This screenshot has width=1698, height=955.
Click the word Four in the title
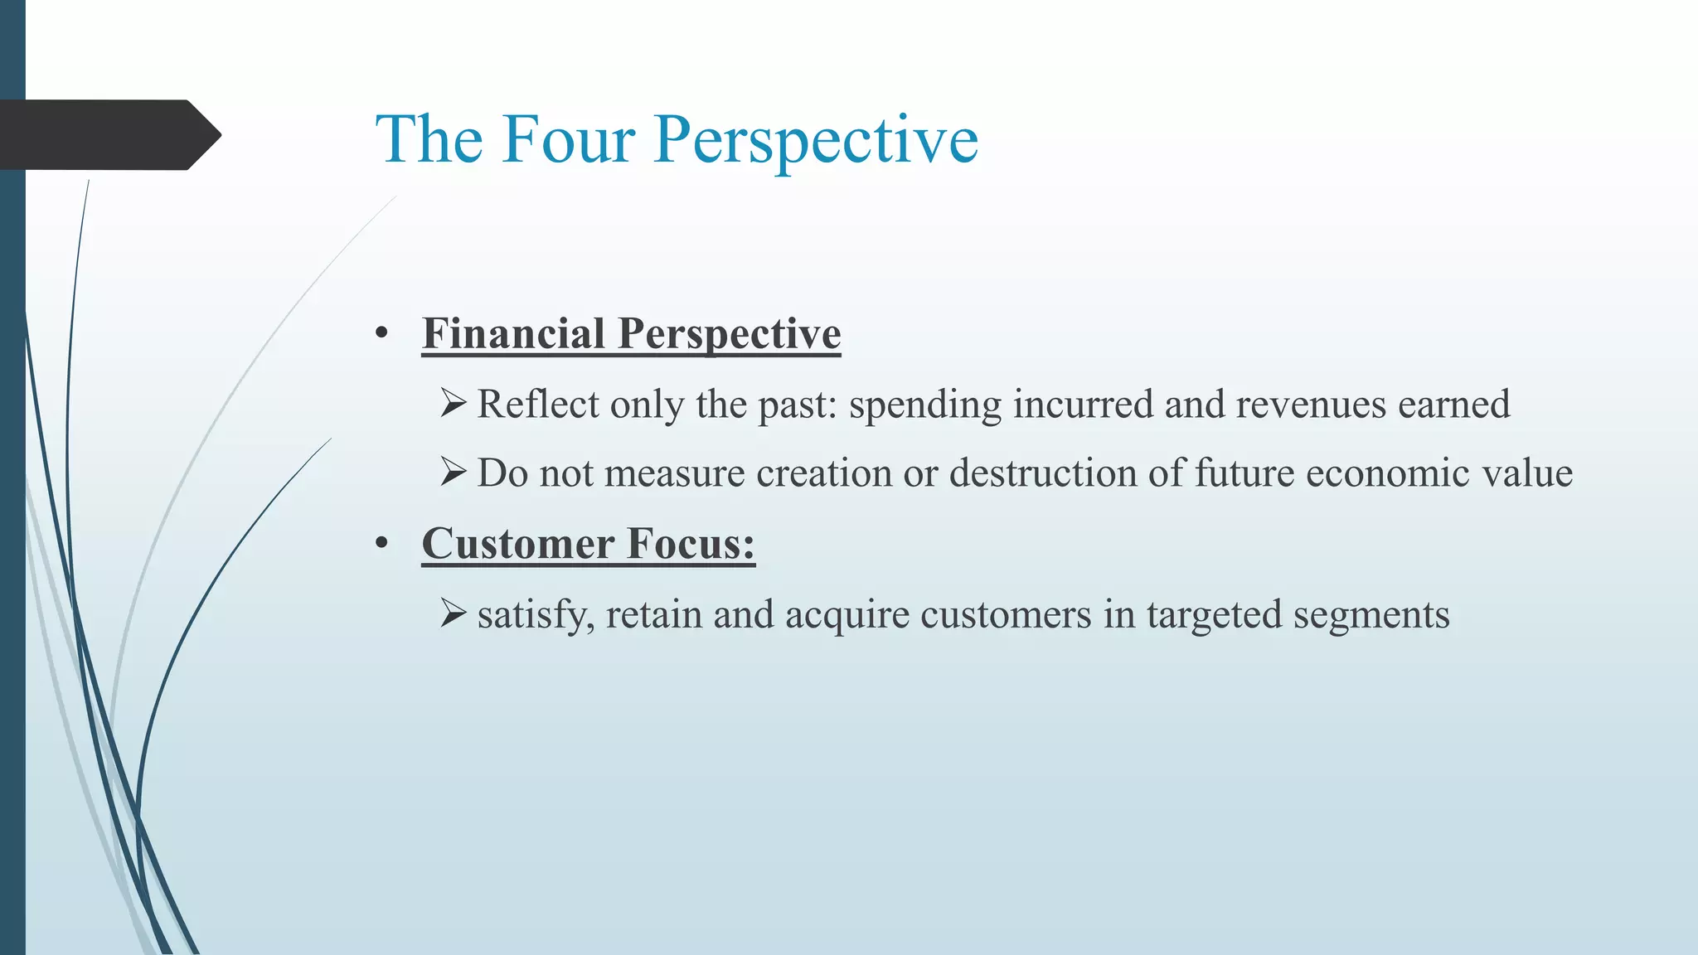[x=568, y=139]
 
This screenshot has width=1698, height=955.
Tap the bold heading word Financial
[x=513, y=334]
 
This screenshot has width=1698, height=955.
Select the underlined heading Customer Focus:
[x=588, y=545]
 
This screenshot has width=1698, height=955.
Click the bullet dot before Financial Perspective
[x=381, y=334]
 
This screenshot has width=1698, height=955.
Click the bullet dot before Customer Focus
[x=381, y=545]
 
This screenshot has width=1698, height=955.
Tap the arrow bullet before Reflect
[x=454, y=404]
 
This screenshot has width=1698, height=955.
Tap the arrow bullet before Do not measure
[x=454, y=473]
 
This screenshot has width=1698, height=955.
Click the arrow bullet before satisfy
[x=454, y=614]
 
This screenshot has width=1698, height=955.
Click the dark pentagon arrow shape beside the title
[x=108, y=134]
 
